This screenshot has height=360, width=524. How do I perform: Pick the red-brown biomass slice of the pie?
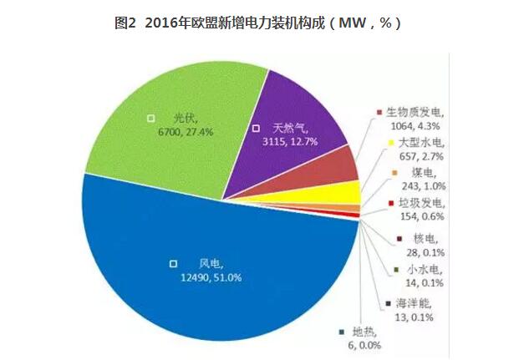click(343, 167)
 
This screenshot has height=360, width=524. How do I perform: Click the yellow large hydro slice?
click(348, 191)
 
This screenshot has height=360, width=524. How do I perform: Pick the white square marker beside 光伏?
click(150, 118)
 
